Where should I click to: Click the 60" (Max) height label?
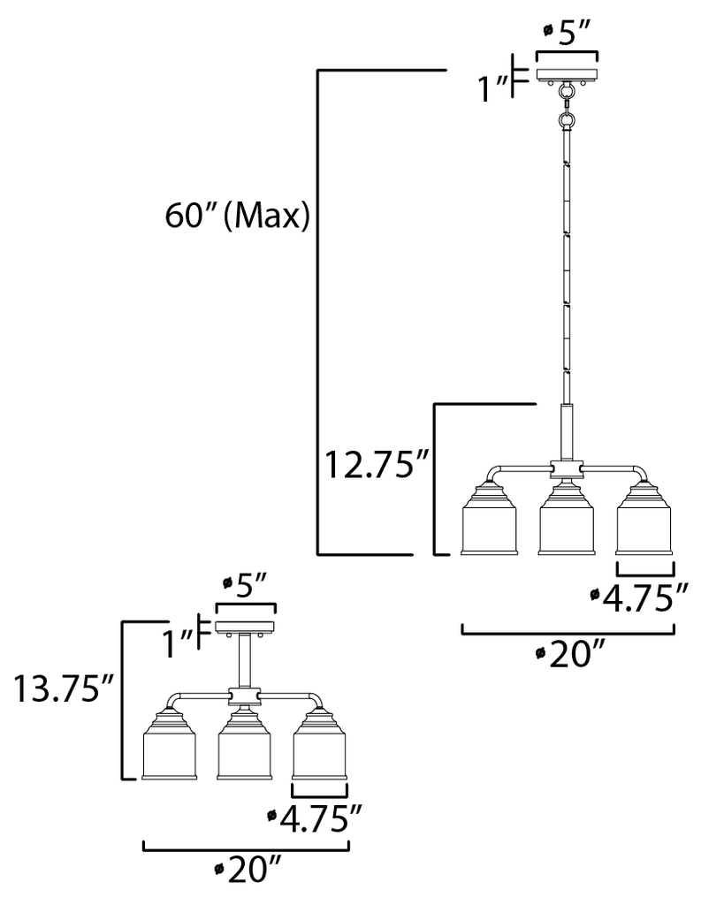(237, 217)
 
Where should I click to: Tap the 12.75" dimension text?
(376, 464)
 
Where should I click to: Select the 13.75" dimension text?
(59, 688)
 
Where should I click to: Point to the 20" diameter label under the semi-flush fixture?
(248, 872)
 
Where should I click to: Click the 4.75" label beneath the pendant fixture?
(637, 598)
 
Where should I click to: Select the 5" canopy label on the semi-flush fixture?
(246, 583)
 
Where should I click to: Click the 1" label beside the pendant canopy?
(492, 87)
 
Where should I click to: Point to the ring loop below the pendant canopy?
(568, 117)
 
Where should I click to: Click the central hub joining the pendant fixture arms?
(567, 468)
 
